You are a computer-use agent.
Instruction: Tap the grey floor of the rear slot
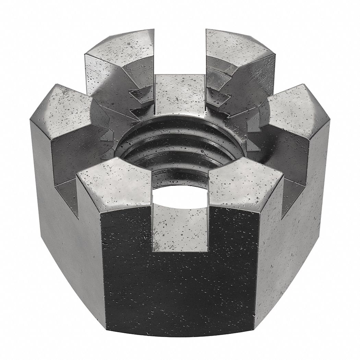tap(180, 93)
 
